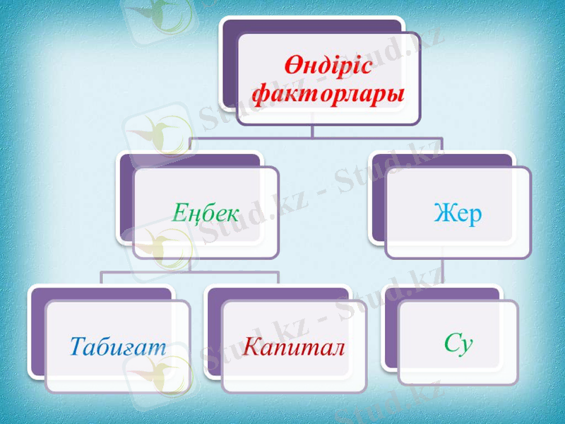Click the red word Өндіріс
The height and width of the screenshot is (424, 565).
click(x=328, y=67)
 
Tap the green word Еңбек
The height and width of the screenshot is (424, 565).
click(x=206, y=213)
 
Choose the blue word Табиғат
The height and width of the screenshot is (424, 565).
click(x=118, y=346)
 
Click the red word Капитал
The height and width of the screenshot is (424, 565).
click(x=294, y=346)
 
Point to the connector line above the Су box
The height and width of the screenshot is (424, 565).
click(x=444, y=272)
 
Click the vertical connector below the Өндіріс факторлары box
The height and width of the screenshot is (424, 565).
click(x=314, y=131)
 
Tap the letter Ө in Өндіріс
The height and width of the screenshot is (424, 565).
click(x=294, y=67)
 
